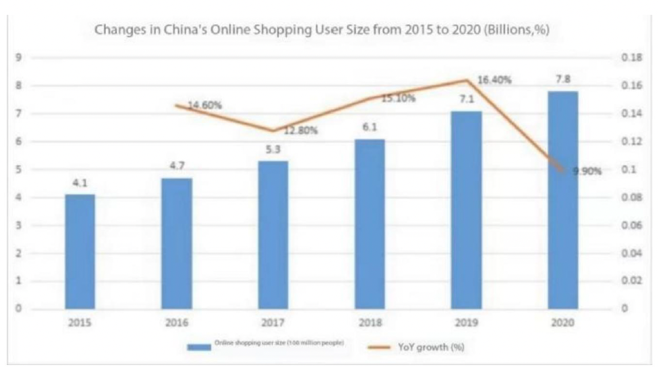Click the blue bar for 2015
tap(80, 251)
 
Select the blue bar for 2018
tap(369, 224)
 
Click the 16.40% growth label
tap(494, 81)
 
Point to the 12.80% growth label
tap(301, 130)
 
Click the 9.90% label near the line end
tap(587, 171)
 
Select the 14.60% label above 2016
tap(204, 106)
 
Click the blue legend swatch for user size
tap(198, 347)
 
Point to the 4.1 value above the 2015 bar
tap(80, 183)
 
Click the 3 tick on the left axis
tap(19, 226)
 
